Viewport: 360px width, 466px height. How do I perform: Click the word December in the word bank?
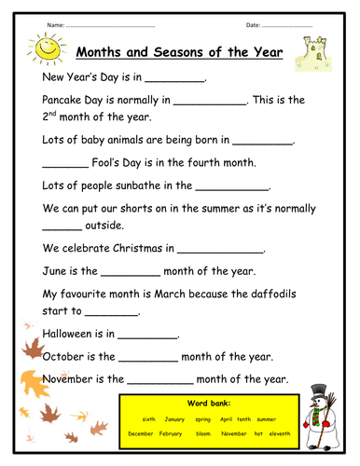141,433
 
